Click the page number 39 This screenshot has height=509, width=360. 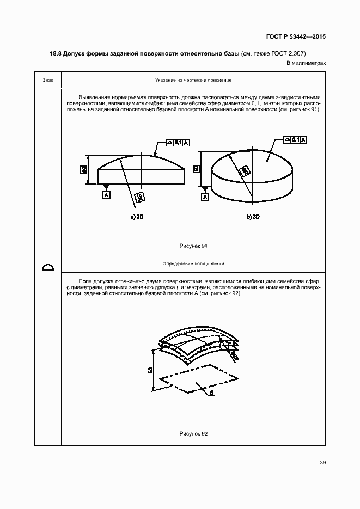(322, 463)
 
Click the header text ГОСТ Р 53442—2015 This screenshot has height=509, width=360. (296, 38)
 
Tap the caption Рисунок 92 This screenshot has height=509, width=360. (193, 433)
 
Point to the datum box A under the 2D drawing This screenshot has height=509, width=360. (106, 194)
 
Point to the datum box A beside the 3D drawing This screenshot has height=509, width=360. (205, 197)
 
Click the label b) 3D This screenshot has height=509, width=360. (253, 217)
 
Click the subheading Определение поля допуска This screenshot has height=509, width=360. (193, 263)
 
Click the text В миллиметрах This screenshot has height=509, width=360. (307, 63)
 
